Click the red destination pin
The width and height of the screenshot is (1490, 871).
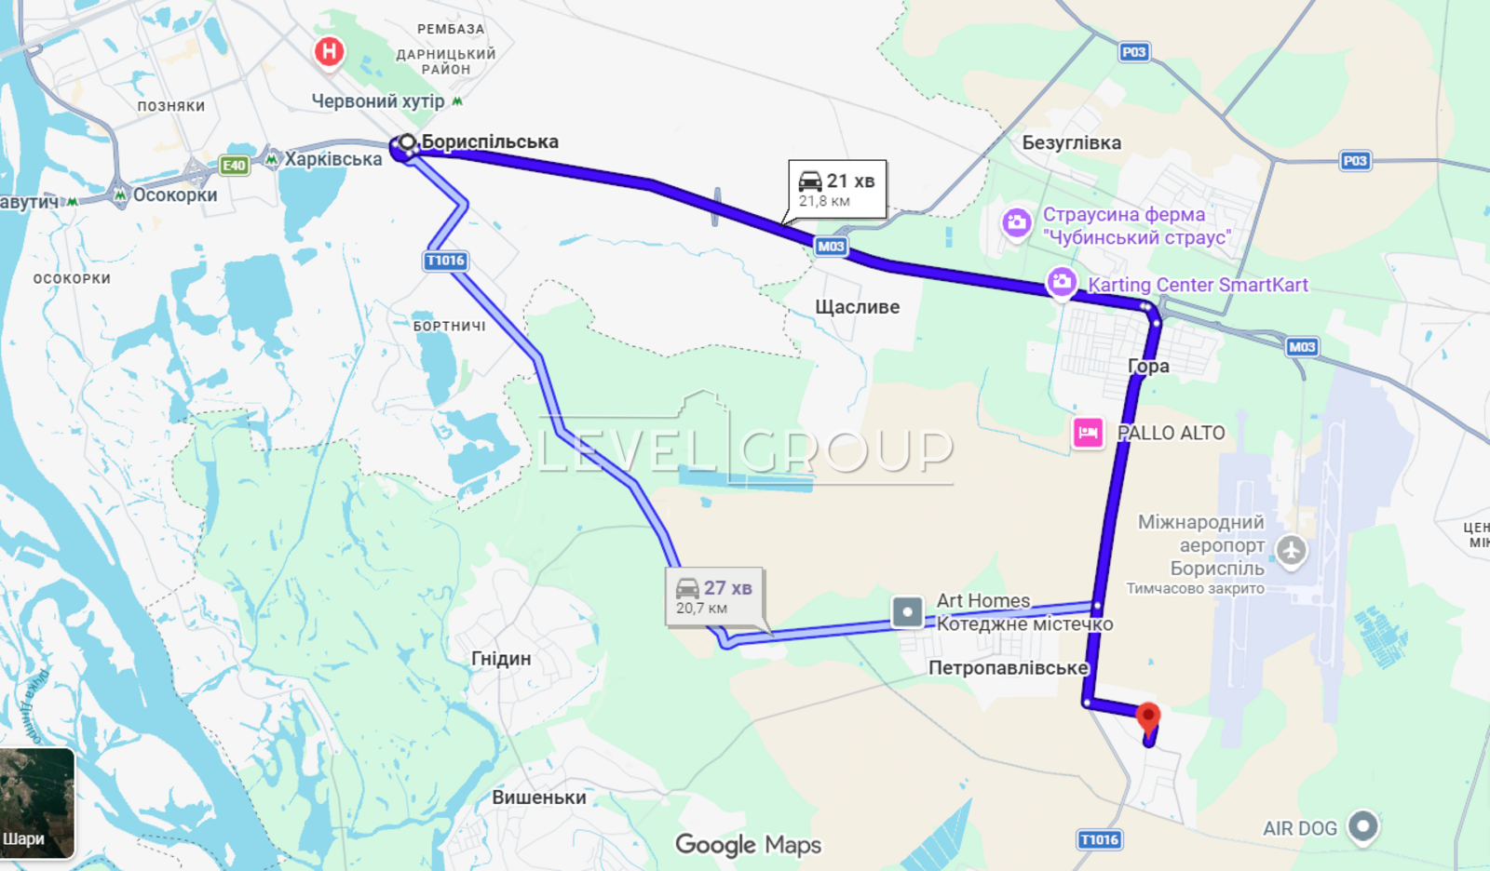(1148, 717)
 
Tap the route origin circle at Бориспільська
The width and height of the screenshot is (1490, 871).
(407, 143)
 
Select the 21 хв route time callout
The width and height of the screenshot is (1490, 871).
(837, 189)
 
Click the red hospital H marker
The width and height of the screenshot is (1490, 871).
(329, 51)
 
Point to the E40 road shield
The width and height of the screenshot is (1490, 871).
(233, 166)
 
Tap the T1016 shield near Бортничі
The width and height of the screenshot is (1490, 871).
(445, 261)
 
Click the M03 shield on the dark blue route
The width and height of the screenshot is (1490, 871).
(830, 247)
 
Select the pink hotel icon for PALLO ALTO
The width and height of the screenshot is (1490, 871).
(1088, 433)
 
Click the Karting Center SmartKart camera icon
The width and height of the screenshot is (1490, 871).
(1062, 282)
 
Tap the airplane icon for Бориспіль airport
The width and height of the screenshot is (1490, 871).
(1291, 550)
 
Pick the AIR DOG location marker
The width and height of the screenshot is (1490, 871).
(1362, 825)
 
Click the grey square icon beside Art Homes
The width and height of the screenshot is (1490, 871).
(907, 612)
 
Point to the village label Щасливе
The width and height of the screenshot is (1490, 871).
(857, 307)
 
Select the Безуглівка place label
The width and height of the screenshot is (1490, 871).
(1071, 143)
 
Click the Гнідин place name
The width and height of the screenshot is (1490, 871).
(501, 659)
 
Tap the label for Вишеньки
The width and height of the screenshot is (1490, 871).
(539, 797)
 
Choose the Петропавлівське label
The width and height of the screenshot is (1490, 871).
(1008, 668)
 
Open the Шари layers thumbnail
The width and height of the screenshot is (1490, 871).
(37, 802)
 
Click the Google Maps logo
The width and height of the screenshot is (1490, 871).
(748, 845)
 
